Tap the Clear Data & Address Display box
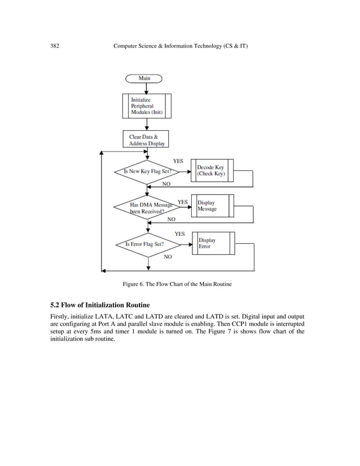(x=146, y=140)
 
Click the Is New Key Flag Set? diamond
(x=147, y=171)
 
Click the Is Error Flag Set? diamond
(x=147, y=244)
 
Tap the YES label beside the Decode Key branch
(x=178, y=161)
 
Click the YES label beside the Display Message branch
(x=183, y=201)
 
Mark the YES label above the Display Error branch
(x=179, y=234)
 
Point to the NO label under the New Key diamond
(x=166, y=184)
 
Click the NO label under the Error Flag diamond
(x=168, y=257)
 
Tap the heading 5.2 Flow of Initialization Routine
(x=99, y=305)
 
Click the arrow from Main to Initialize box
(x=147, y=88)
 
